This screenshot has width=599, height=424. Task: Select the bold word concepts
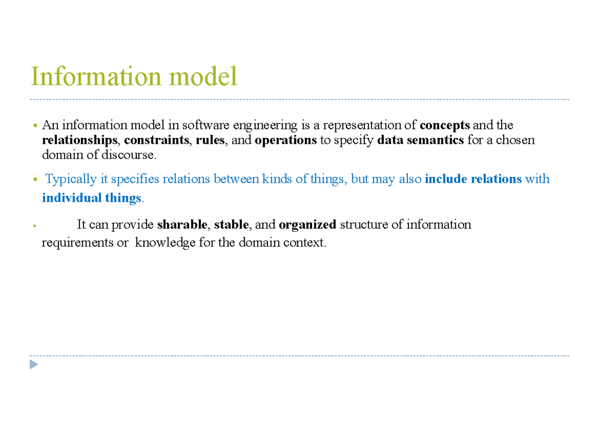445,125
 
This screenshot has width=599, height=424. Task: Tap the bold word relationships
79,140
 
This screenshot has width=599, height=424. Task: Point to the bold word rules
210,140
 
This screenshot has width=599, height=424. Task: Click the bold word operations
286,140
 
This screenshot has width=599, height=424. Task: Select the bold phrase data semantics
421,140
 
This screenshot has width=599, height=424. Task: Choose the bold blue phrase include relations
473,179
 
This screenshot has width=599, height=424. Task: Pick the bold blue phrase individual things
92,198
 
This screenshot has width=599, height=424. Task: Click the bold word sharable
182,225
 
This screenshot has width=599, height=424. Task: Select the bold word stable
231,225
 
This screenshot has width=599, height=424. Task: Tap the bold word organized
307,225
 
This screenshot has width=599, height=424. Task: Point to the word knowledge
165,243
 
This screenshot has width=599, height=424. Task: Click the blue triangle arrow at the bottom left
33,365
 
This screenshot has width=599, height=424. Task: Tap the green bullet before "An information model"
34,125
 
